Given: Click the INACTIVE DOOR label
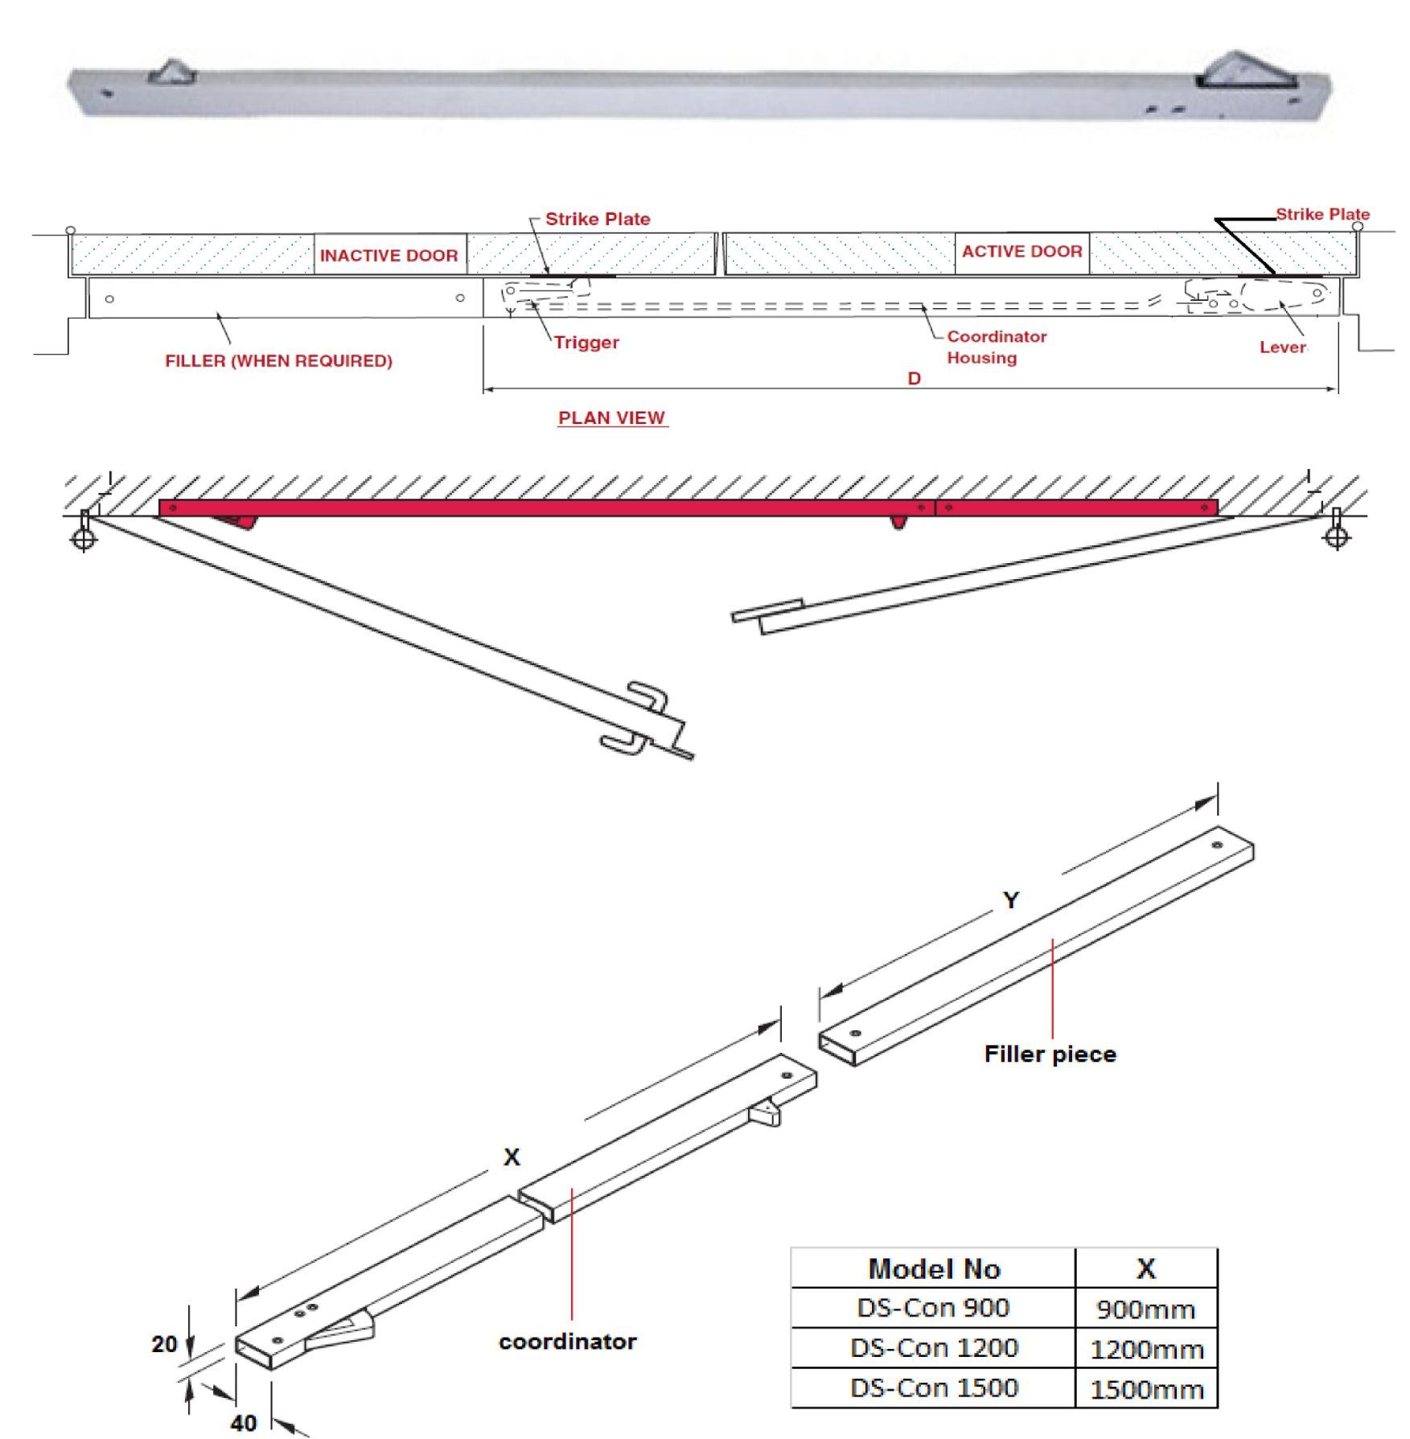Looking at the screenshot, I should coord(388,255).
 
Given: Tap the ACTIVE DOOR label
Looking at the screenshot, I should coord(1022,252).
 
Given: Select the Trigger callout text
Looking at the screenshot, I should coord(586,343).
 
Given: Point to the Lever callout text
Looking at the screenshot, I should coord(1282,347).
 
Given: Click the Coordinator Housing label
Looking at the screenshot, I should coord(996,347).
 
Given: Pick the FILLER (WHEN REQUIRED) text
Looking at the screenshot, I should coord(278,361).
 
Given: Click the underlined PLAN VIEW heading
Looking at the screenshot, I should coord(611,418).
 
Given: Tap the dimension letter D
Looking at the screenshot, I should coord(914,378).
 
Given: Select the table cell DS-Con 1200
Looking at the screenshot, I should coord(933,1347).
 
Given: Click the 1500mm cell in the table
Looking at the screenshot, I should coord(1146,1389).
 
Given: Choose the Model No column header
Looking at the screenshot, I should coord(933,1268).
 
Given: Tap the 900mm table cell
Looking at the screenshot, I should coord(1146,1309).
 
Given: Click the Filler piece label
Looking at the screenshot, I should coord(1050,1055).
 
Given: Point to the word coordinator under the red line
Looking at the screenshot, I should coord(567,1342).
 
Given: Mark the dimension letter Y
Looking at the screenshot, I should coord(1011,900).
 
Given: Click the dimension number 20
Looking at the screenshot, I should coord(164,1344).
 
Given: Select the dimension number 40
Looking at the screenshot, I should coord(243,1423).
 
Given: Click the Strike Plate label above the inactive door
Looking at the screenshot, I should coord(597,219).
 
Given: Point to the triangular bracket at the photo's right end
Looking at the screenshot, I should coord(1244,71).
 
